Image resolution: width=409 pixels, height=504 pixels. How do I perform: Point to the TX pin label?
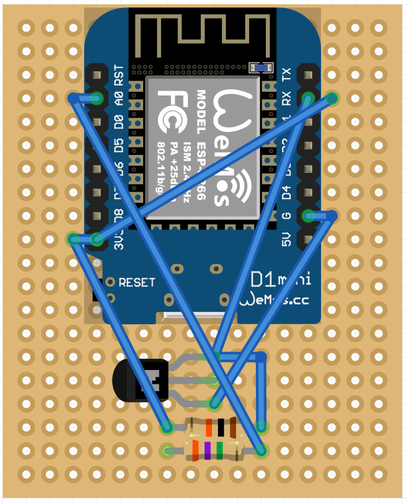pyautogui.click(x=286, y=75)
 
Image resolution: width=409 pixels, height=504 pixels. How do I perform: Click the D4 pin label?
pyautogui.click(x=286, y=193)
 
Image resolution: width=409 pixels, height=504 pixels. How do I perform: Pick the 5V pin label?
pyautogui.click(x=286, y=239)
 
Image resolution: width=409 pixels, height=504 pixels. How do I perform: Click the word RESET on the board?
pyautogui.click(x=137, y=282)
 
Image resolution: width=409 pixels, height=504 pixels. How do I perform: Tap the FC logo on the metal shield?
pyautogui.click(x=169, y=112)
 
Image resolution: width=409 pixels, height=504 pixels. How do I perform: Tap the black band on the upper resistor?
pyautogui.click(x=221, y=427)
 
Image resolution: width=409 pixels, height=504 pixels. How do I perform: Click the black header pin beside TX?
pyautogui.click(x=308, y=75)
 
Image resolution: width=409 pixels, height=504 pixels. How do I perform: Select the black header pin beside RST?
pyautogui.click(x=97, y=75)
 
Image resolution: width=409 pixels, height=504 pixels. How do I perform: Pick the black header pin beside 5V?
pyautogui.click(x=308, y=239)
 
